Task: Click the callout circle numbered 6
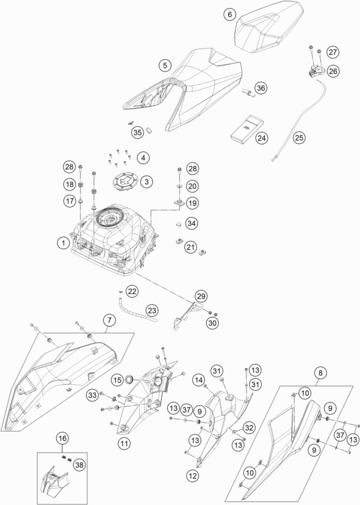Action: coord(229,15)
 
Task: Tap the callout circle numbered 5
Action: coord(165,66)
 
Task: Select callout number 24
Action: coord(262,138)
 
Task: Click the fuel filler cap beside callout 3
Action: coord(125,181)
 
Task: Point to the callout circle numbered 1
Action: coord(63,243)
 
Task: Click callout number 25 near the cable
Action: coord(299,138)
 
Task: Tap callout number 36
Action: coord(261,88)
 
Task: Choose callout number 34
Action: coord(192,223)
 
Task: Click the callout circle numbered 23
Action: coord(152,311)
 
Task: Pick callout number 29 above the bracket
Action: coord(201,296)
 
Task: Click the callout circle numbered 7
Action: coord(110,320)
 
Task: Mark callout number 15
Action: coord(118,380)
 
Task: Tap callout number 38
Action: coord(79,465)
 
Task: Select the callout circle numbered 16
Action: coord(62,438)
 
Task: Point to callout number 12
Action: coord(193,476)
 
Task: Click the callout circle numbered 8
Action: coord(320,373)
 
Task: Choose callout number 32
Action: coord(249,427)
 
